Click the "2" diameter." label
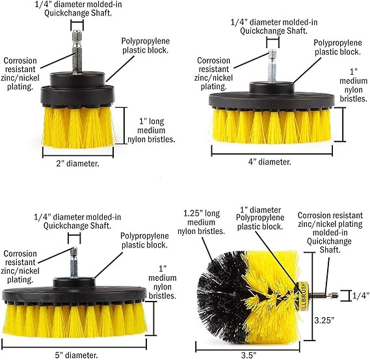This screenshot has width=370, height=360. click(77, 164)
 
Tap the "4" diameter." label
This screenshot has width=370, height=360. click(269, 162)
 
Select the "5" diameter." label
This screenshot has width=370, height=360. click(76, 355)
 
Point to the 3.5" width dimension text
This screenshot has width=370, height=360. click(248, 355)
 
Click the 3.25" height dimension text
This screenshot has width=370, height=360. click(324, 320)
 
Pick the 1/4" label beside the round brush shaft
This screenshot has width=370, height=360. click(361, 296)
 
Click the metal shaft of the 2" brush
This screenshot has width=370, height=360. click(77, 51)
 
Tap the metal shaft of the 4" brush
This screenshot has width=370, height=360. click(272, 66)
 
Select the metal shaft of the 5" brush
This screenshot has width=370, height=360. click(74, 263)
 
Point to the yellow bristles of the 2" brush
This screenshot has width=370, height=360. click(78, 127)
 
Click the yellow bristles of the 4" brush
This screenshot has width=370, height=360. click(271, 126)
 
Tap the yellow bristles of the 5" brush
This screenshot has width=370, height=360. click(74, 320)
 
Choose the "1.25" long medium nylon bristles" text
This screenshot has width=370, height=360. click(201, 222)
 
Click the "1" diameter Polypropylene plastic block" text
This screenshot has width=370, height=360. click(260, 218)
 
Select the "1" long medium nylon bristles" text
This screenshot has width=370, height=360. click(152, 131)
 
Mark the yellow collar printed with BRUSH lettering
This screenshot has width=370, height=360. click(302, 296)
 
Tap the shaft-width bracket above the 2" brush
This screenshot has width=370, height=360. click(77, 25)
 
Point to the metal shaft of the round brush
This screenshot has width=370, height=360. click(323, 295)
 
